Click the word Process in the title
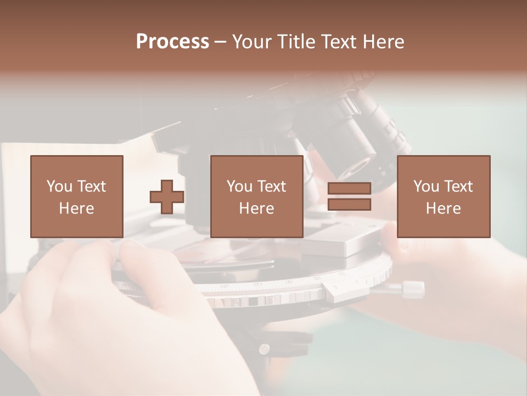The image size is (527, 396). [x=172, y=42]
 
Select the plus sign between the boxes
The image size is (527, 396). [x=167, y=197]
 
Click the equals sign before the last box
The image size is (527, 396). [x=349, y=197]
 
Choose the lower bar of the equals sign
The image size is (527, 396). [x=349, y=205]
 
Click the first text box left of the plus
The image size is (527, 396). [x=76, y=196]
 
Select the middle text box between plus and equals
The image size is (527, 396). [x=256, y=196]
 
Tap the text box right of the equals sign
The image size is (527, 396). [x=443, y=196]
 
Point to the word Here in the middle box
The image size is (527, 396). [x=256, y=208]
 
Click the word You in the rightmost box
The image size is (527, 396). [x=426, y=186]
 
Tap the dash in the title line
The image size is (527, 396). [x=221, y=42]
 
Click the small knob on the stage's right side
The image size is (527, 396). [x=413, y=288]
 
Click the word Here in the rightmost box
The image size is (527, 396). [x=443, y=208]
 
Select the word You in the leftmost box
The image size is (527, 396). [x=59, y=186]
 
